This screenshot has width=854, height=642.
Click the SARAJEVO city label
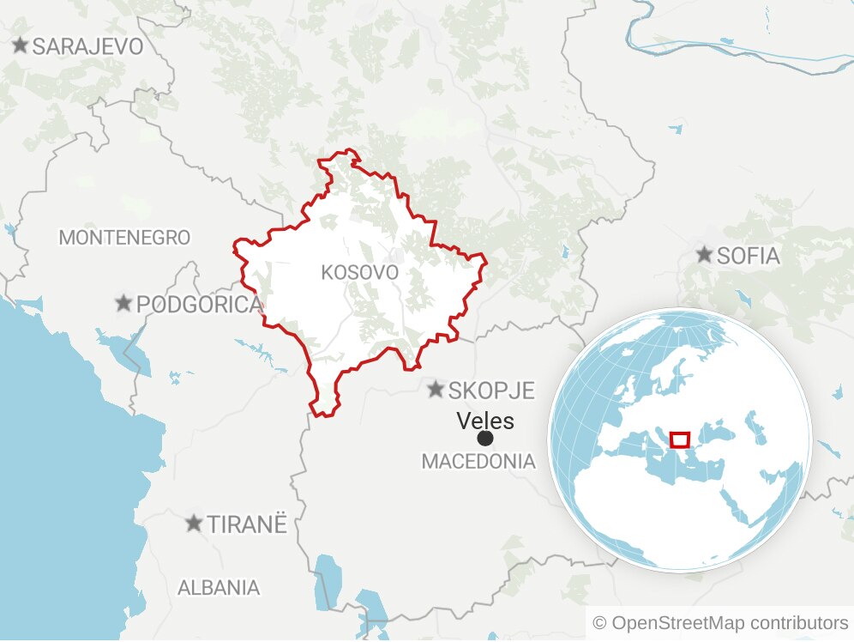click(87, 46)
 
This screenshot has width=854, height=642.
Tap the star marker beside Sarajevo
click(21, 45)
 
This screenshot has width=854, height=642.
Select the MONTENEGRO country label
click(124, 238)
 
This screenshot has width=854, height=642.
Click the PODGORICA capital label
click(199, 304)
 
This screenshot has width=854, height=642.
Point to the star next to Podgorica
click(124, 303)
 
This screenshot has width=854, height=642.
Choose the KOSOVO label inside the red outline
click(359, 273)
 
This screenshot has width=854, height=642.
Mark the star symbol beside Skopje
click(436, 390)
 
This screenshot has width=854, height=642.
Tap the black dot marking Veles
click(485, 439)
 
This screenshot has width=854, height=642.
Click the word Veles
click(485, 421)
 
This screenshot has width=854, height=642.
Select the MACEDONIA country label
click(478, 462)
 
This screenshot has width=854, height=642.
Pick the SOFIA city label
click(748, 256)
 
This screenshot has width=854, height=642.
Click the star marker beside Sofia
click(704, 255)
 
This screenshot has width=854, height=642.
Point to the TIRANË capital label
click(246, 524)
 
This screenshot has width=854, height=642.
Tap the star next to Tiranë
click(195, 523)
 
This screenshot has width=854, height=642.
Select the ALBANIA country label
click(219, 588)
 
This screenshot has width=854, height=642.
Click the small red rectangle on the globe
click(679, 440)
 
